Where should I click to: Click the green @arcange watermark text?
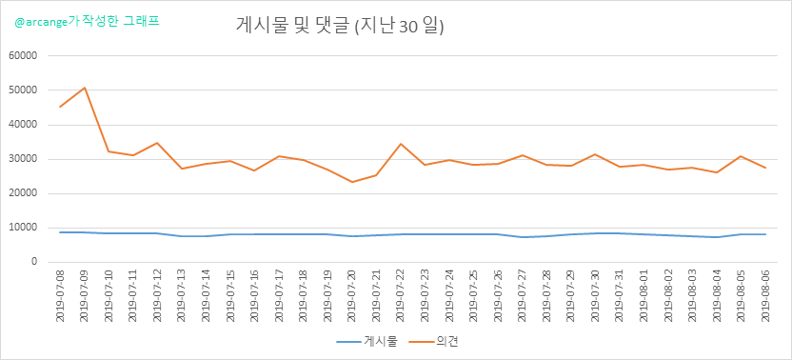pyautogui.click(x=88, y=22)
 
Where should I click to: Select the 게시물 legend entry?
pyautogui.click(x=367, y=342)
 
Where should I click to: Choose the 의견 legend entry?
pyautogui.click(x=433, y=342)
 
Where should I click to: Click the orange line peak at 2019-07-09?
pyautogui.click(x=85, y=88)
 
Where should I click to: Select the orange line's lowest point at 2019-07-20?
pyautogui.click(x=351, y=182)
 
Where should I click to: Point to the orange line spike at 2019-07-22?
pyautogui.click(x=401, y=144)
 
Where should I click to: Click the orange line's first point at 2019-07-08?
pyautogui.click(x=60, y=107)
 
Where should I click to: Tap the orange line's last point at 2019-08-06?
pyautogui.click(x=765, y=168)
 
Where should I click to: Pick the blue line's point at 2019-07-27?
pyautogui.click(x=523, y=237)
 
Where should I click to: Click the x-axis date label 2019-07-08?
pyautogui.click(x=60, y=295)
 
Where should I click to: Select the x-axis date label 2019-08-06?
pyautogui.click(x=765, y=295)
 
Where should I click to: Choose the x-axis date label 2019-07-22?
pyautogui.click(x=401, y=295)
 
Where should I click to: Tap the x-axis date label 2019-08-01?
pyautogui.click(x=644, y=295)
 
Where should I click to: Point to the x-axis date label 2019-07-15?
pyautogui.click(x=230, y=295)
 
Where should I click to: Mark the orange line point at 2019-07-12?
pyautogui.click(x=157, y=143)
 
